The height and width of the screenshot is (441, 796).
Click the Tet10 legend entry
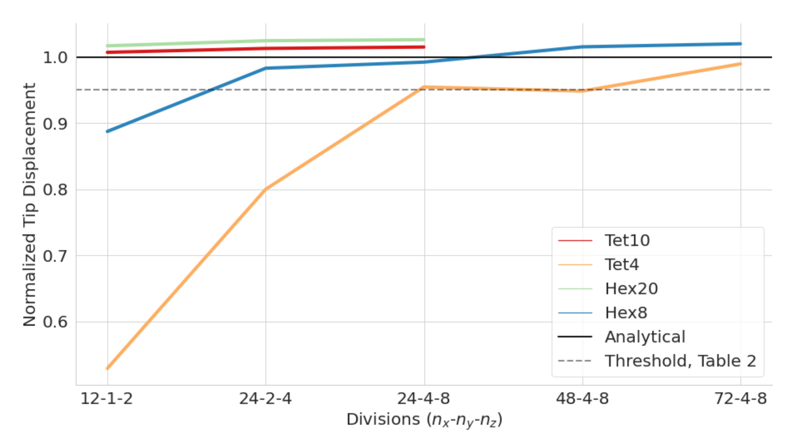627,240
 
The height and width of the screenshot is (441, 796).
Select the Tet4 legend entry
622,265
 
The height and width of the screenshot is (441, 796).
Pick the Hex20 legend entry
631,289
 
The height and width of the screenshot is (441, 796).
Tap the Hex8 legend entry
626,313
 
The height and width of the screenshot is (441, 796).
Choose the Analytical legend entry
645,337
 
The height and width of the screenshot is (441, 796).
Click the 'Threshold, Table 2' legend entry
680,361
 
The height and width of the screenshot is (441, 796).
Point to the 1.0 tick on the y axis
55,57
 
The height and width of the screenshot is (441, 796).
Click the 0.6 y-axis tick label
55,322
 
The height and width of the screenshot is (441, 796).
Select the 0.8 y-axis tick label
55,190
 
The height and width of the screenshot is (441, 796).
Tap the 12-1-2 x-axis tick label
107,398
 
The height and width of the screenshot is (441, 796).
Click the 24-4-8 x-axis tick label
424,398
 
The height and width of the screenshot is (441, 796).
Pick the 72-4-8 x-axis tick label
741,398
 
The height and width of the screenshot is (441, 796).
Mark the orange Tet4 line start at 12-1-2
108,368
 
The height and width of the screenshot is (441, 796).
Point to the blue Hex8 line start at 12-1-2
108,131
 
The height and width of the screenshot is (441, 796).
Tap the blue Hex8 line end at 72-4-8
741,44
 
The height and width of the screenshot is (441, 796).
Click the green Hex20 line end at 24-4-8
424,40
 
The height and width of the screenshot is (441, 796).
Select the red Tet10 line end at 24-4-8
424,47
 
